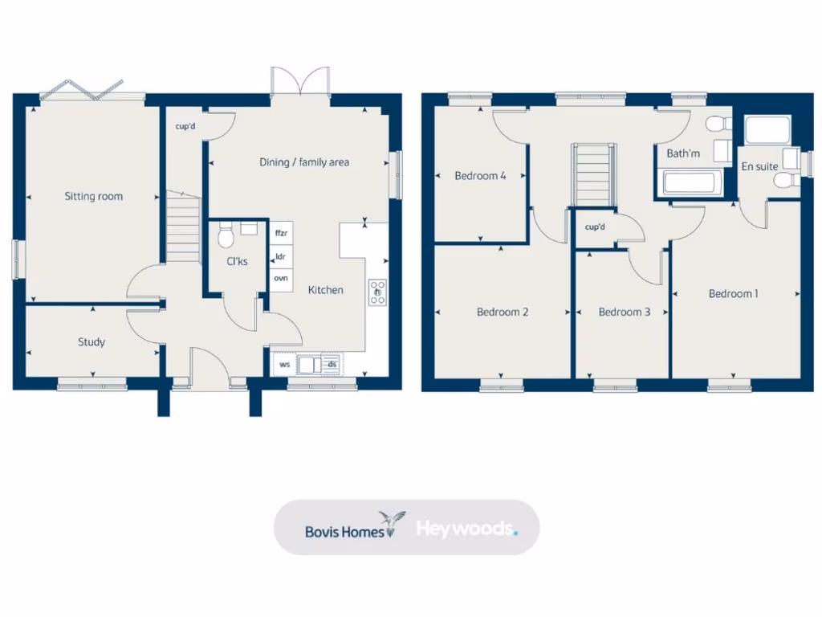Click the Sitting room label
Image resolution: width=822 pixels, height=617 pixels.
tap(94, 196)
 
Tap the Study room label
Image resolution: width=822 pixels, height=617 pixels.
tap(92, 342)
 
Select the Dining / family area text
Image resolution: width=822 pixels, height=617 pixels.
tap(304, 162)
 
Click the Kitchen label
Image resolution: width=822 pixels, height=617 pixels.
tap(326, 290)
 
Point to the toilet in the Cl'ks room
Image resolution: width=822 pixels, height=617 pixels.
tap(226, 236)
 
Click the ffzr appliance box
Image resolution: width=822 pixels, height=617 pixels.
tap(281, 234)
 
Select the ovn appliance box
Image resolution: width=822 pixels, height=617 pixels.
tap(281, 278)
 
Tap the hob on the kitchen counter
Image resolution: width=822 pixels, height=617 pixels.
tap(376, 292)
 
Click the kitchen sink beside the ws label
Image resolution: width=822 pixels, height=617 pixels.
tap(307, 365)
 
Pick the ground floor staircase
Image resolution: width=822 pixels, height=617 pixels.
tap(183, 230)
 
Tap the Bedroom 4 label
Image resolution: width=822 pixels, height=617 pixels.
tap(480, 176)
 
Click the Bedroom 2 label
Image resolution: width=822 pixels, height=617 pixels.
tap(503, 313)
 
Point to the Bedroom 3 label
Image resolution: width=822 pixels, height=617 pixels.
tap(625, 313)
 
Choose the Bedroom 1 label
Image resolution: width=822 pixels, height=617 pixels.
tap(733, 294)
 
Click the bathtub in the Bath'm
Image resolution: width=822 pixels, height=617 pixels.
tap(689, 182)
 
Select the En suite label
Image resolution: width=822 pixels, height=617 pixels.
tap(759, 167)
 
